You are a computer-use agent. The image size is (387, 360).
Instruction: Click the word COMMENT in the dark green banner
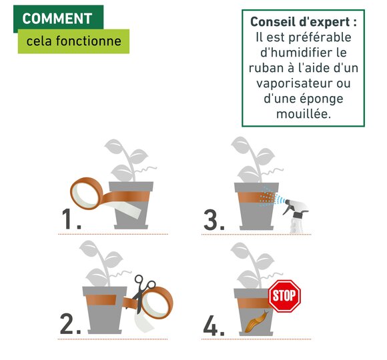[x=57, y=19]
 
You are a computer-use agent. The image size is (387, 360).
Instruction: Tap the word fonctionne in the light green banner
[x=89, y=41]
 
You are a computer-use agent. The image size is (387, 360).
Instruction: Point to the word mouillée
[x=304, y=114]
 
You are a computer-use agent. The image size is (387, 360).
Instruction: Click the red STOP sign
[x=284, y=296]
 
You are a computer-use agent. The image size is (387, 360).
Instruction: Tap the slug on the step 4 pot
[x=256, y=321]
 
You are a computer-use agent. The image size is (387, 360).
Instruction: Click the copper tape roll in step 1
[x=86, y=193]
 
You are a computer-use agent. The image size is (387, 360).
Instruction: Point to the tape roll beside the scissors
[x=157, y=303]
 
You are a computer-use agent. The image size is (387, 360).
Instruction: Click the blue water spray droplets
[x=272, y=197]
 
